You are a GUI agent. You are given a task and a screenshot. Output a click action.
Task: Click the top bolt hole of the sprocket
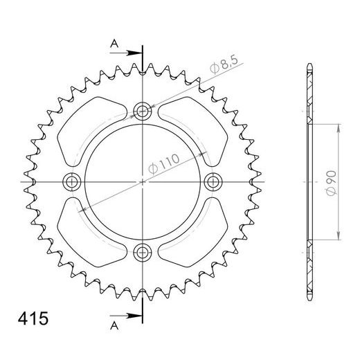[x=143, y=110]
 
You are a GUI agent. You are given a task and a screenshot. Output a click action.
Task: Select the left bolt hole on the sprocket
[x=71, y=182]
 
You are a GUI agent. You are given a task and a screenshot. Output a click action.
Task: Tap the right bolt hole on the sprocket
[x=214, y=182]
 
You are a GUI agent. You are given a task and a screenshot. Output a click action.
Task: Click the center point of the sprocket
[x=143, y=182]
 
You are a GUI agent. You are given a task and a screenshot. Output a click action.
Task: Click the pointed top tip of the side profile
[x=309, y=66]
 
